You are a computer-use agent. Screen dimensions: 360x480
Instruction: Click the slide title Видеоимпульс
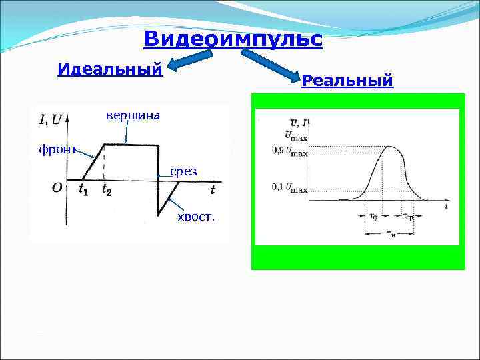click(233, 39)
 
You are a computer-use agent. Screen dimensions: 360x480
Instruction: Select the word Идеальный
click(110, 69)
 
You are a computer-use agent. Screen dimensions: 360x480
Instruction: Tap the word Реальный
click(347, 81)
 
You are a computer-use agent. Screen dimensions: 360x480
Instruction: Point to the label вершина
click(133, 115)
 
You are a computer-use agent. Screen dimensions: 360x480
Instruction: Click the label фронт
click(58, 149)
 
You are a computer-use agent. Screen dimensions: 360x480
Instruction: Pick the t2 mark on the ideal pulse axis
click(107, 190)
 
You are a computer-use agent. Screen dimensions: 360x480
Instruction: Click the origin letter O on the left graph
click(57, 187)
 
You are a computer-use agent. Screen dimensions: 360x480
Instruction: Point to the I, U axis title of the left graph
click(51, 120)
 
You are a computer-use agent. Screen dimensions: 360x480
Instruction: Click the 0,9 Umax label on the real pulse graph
click(289, 151)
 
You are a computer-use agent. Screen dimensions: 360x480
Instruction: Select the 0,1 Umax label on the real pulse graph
click(289, 188)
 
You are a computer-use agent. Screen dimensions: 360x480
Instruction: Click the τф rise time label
click(373, 217)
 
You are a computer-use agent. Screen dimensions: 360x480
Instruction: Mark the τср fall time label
click(408, 217)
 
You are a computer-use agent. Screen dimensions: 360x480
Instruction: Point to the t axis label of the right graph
click(446, 207)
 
